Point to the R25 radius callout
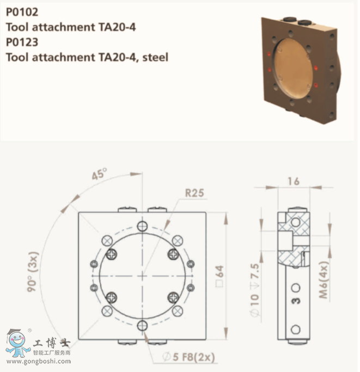point(194,192)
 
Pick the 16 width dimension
point(293,181)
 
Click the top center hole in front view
point(142,225)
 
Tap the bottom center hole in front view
point(142,325)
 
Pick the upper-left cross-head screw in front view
point(112,253)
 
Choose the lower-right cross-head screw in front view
point(173,297)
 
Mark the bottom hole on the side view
point(296,329)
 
